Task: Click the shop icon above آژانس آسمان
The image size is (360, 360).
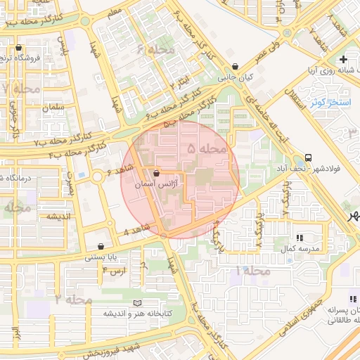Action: (156, 172)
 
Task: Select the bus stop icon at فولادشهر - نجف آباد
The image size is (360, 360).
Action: (309, 157)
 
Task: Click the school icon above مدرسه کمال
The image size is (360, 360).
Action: (300, 239)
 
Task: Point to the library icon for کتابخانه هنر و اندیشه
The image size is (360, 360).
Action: (137, 303)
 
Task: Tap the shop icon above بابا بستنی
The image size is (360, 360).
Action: (103, 247)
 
